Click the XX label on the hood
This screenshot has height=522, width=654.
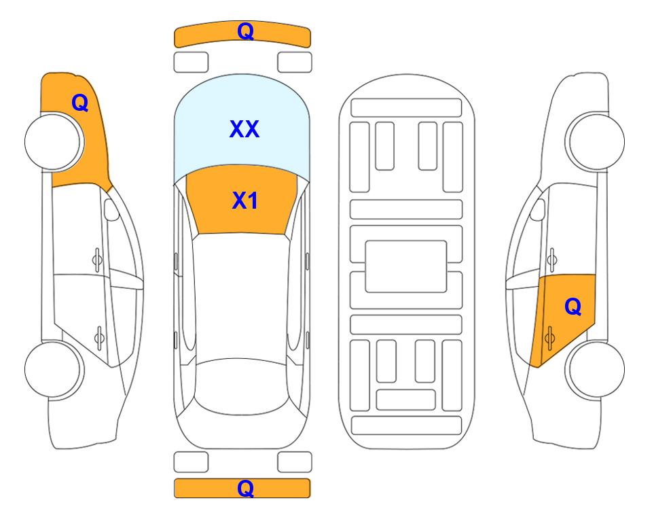pyautogui.click(x=244, y=129)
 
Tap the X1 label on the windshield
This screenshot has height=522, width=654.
pyautogui.click(x=245, y=201)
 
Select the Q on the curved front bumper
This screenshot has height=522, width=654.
pyautogui.click(x=246, y=31)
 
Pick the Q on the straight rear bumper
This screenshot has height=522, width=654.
pyautogui.click(x=246, y=488)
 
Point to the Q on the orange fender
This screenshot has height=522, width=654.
pyautogui.click(x=80, y=103)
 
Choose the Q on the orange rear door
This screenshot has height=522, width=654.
pyautogui.click(x=573, y=307)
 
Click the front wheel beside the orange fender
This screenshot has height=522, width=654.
pyautogui.click(x=54, y=142)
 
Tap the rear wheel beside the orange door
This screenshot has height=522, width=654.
pyautogui.click(x=595, y=370)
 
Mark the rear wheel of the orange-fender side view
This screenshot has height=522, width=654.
pyautogui.click(x=54, y=370)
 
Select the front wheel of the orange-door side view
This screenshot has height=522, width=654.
pyautogui.click(x=595, y=141)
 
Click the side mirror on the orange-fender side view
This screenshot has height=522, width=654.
pyautogui.click(x=111, y=209)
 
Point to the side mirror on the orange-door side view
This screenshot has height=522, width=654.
pyautogui.click(x=538, y=209)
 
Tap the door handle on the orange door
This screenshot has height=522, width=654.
pyautogui.click(x=549, y=338)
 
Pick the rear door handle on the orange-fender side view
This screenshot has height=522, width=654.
pyautogui.click(x=99, y=338)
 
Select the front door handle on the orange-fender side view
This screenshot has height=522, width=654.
pyautogui.click(x=97, y=260)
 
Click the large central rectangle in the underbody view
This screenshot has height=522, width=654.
pyautogui.click(x=406, y=266)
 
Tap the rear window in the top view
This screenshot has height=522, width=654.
pyautogui.click(x=242, y=386)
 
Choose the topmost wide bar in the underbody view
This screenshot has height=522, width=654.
pyautogui.click(x=406, y=108)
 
